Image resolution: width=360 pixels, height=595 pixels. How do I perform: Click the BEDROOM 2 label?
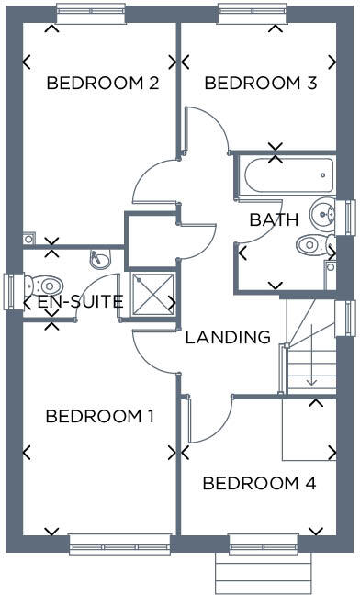[x=103, y=84]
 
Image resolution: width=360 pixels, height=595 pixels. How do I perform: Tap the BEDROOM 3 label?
[x=261, y=84]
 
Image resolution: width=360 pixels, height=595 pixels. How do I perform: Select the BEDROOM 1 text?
[x=100, y=417]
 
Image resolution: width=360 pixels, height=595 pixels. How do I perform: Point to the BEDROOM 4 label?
[x=259, y=484]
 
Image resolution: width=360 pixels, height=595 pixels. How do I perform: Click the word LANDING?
[x=228, y=337]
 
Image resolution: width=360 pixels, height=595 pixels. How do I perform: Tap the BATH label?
[x=274, y=220]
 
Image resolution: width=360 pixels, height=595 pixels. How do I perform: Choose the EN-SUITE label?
[x=80, y=301]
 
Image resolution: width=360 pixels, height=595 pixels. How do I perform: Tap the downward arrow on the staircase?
[x=312, y=376]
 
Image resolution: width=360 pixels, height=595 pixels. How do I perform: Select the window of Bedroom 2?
[x=90, y=13]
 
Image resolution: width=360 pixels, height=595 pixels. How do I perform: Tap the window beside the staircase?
[x=349, y=318]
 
